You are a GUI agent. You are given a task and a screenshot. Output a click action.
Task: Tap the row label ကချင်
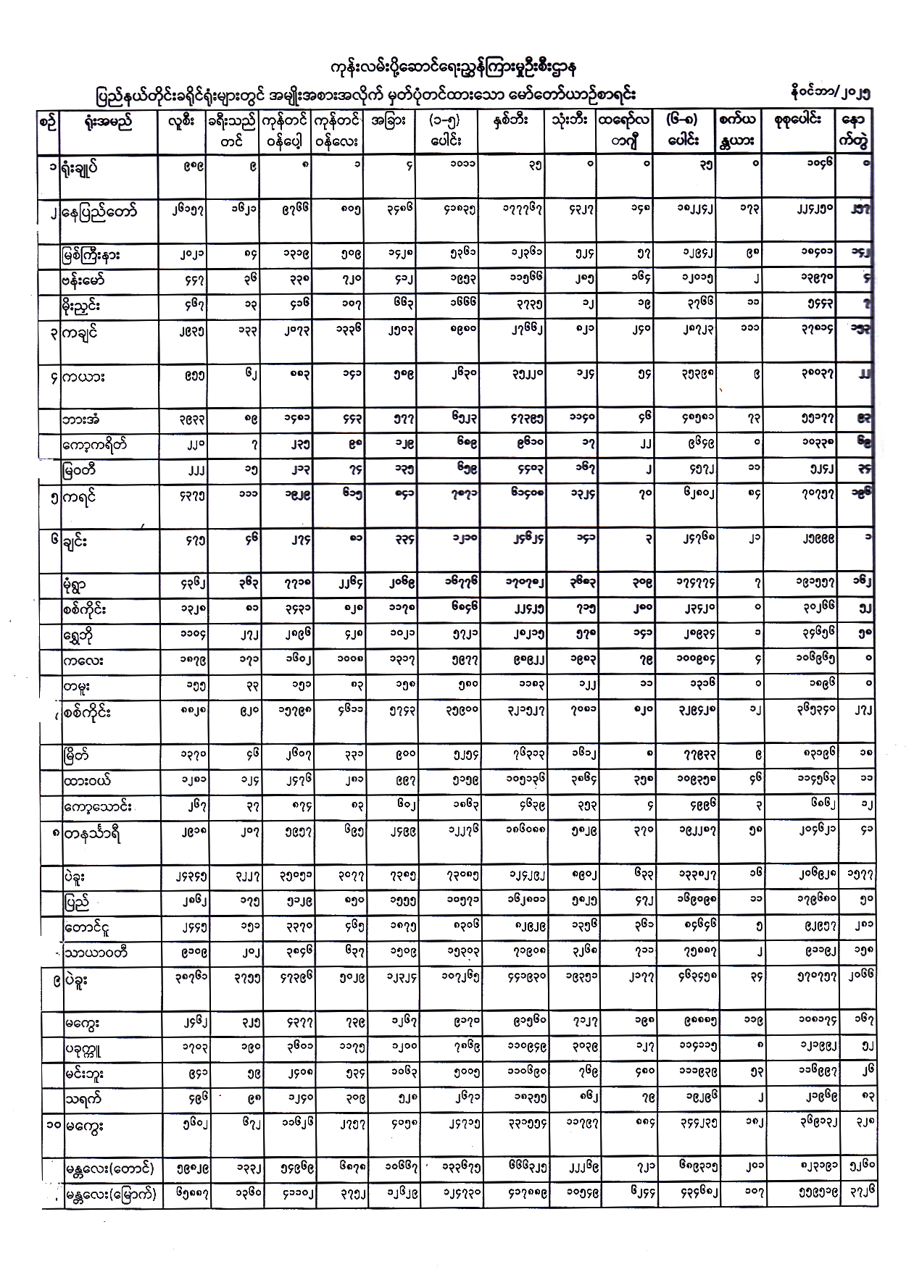click(81, 332)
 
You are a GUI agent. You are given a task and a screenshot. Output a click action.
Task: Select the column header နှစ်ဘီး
click(510, 121)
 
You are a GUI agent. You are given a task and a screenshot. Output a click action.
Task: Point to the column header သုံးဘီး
click(570, 121)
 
